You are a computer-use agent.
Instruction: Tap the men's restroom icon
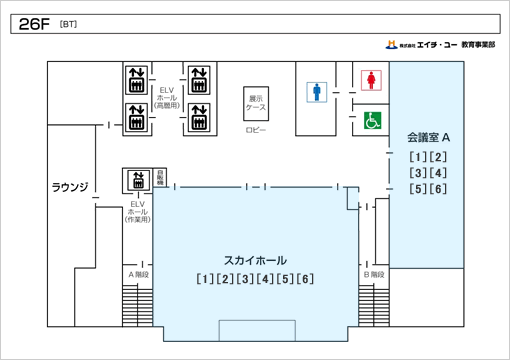point(317,92)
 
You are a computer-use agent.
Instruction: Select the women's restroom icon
point(371,79)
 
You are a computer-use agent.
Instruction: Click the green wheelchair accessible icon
point(371,120)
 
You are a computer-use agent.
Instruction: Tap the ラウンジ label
point(70,187)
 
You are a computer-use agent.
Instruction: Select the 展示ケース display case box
point(257,104)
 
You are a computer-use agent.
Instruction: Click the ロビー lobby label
point(256,131)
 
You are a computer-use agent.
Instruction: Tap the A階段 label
point(138,273)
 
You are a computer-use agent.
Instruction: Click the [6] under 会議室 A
point(438,189)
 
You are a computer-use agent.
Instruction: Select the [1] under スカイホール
point(205,278)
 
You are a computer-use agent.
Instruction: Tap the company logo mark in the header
point(391,45)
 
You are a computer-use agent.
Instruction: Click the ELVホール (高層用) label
point(167,97)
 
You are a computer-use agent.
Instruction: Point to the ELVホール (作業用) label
point(138,212)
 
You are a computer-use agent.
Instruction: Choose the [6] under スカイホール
point(306,278)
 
